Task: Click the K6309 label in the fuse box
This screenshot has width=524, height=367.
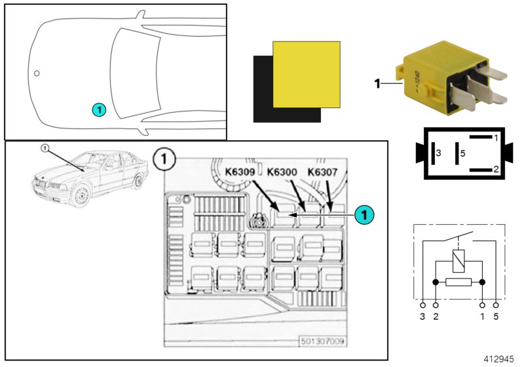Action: (240, 172)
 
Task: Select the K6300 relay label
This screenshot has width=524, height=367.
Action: (282, 172)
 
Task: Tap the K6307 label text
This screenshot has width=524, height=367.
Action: (323, 172)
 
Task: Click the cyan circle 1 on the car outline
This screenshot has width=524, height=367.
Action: (98, 109)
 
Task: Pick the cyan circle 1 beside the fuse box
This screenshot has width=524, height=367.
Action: (365, 214)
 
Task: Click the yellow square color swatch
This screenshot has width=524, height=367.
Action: (307, 73)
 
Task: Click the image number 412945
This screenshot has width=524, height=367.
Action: (499, 359)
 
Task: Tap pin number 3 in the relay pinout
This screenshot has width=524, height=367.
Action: (439, 153)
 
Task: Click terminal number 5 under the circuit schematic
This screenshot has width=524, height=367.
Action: (496, 317)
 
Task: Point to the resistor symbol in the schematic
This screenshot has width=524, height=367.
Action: (458, 282)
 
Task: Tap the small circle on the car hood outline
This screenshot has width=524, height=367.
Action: (37, 73)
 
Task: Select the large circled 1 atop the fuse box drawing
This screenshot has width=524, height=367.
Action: (162, 159)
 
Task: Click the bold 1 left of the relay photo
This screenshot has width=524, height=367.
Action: (377, 84)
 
